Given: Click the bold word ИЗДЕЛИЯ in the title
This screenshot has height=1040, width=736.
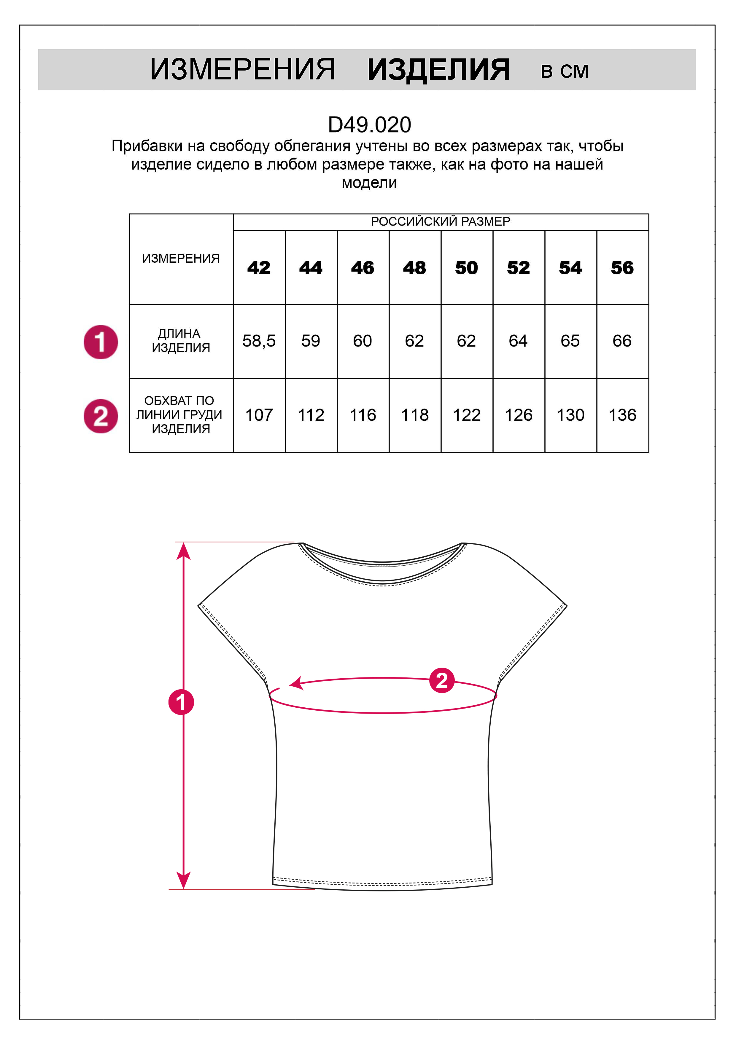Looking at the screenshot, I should coord(438,70).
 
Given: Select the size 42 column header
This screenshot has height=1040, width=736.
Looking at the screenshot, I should coord(259,268).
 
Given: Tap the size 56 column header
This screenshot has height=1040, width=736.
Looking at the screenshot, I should coord(622,268).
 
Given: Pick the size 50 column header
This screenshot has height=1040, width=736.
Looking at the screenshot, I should coord(466,268).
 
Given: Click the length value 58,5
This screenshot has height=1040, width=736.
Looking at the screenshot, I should coord(259,341).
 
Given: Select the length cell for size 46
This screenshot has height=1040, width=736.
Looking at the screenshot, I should coord(363,341).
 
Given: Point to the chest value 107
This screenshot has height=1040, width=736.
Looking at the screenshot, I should coord(259,415).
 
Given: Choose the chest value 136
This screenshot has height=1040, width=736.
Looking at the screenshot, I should coord(622,415).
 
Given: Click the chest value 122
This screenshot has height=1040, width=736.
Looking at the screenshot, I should coord(466,415).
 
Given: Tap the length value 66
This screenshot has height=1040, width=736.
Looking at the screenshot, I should coord(622,341).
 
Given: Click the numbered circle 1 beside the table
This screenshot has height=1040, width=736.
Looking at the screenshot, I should coord(101,342).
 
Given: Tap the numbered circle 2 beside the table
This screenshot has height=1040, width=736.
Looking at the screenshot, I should coord(101,416).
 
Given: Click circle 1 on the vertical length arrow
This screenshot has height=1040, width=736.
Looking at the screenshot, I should coord(181,702).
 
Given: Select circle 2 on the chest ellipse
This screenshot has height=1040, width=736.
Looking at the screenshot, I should coord(441,680).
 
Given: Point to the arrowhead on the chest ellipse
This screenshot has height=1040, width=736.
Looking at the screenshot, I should coord(296,683).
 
